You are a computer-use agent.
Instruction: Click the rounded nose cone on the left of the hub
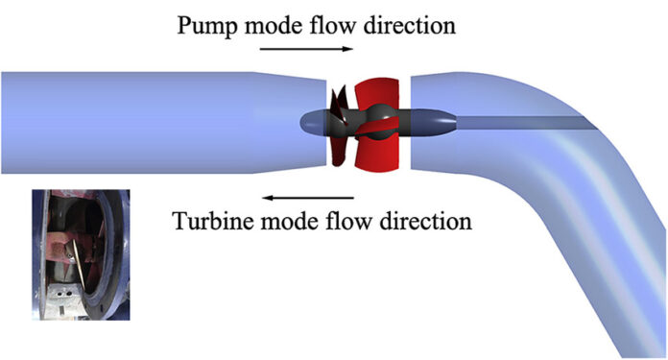pyautogui.click(x=312, y=122)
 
